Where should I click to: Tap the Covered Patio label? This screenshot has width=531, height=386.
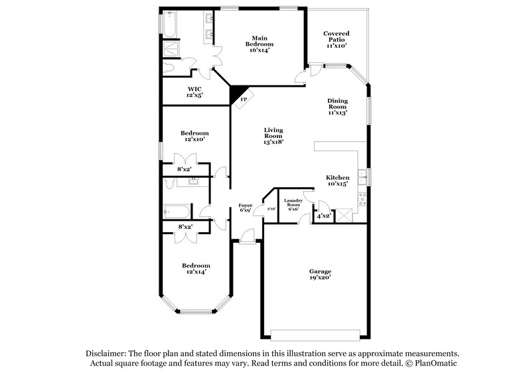point(337,34)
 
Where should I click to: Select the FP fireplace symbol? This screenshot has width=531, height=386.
point(243,99)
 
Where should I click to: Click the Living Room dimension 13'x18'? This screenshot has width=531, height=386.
point(273,141)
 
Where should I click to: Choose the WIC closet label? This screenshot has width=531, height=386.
point(194,89)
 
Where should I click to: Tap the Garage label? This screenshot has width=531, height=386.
point(320,271)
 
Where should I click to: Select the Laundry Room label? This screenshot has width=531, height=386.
point(293,202)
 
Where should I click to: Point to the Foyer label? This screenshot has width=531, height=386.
point(245,206)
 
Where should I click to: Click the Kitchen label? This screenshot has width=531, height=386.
point(337,178)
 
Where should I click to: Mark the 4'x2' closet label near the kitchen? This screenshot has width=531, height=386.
point(323,216)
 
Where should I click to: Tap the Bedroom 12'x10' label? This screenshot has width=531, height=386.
point(195,136)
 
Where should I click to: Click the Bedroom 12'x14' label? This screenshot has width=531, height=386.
point(196,269)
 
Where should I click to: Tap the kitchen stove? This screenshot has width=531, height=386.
point(361,198)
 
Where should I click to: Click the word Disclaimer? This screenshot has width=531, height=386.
point(110,354)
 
